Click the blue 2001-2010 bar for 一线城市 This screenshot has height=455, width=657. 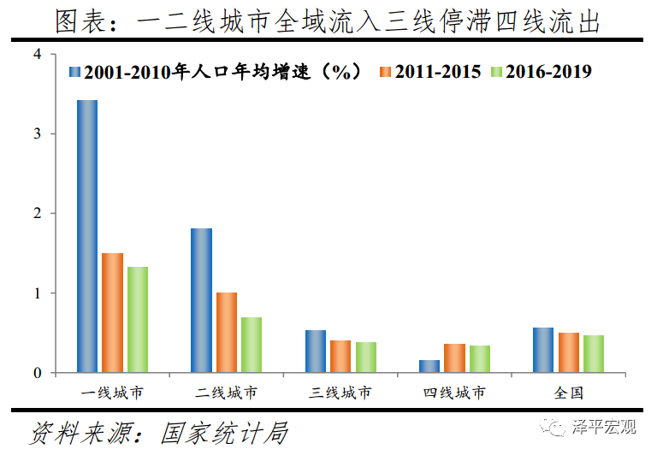pos(87,236)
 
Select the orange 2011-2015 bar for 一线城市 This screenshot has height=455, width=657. pos(112,313)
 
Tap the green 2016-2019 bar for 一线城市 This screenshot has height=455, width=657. pos(138,320)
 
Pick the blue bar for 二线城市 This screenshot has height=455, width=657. pos(201,300)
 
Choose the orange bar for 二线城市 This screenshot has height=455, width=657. pos(227,333)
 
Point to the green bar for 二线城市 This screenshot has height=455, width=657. pos(252,345)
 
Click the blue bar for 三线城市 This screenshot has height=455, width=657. pos(316,352)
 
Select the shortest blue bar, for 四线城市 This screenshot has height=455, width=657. pos(429,366)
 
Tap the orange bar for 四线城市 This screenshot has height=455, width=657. pos(455,358)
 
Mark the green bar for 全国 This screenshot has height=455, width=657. pos(594,354)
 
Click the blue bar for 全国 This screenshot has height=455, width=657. pos(543,350)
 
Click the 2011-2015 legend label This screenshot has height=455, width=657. pos(440,72)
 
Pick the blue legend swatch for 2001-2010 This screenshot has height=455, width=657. pos(74,72)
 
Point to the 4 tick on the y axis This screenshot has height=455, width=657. pos(37,54)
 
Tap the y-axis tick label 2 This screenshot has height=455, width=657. pos(37,213)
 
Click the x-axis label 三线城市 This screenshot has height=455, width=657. pos(340,393)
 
